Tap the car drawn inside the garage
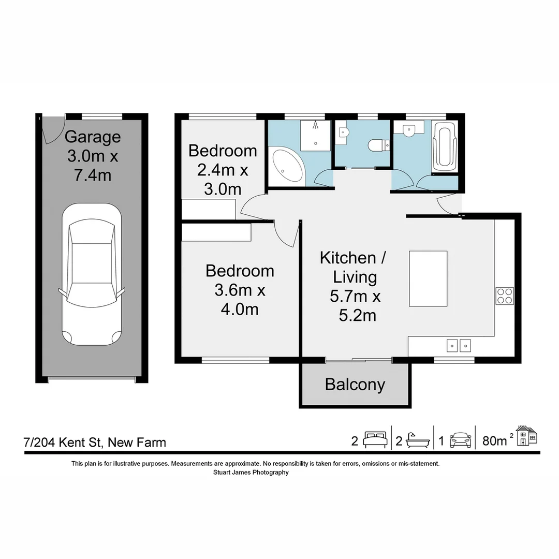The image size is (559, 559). click(x=92, y=274)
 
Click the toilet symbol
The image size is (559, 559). click(x=376, y=146)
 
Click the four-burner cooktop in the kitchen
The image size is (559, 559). click(x=505, y=296)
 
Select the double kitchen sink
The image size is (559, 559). click(x=459, y=345)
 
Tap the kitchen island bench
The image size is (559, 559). click(x=428, y=278)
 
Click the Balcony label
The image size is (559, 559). click(x=355, y=385)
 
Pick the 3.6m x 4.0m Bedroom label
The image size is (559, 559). click(x=240, y=290)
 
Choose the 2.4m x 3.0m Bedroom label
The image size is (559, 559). click(x=223, y=170)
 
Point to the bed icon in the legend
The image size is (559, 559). click(x=375, y=440)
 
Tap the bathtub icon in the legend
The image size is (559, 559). click(x=418, y=440)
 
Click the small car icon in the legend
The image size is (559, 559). click(x=461, y=440)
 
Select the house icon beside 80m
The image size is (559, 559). click(x=526, y=436)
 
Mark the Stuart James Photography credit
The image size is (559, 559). click(x=251, y=472)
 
